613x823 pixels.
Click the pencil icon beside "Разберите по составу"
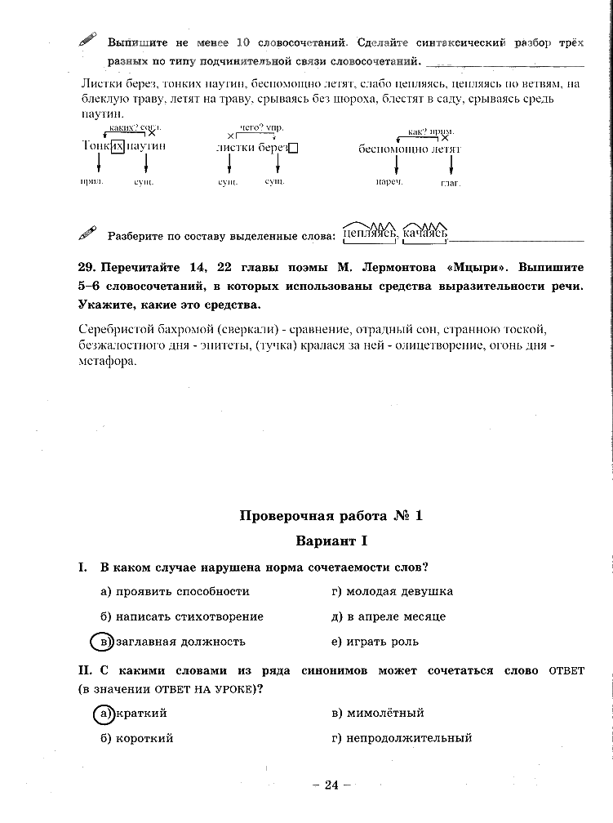point(87,234)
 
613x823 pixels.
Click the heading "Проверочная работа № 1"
point(331,515)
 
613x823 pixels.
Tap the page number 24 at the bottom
point(331,785)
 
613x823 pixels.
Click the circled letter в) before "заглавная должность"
point(101,641)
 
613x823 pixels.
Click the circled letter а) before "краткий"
point(103,713)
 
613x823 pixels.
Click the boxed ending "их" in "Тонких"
point(118,145)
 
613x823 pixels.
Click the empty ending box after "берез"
point(294,149)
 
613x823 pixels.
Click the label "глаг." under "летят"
point(451,182)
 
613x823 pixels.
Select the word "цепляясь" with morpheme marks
point(370,234)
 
